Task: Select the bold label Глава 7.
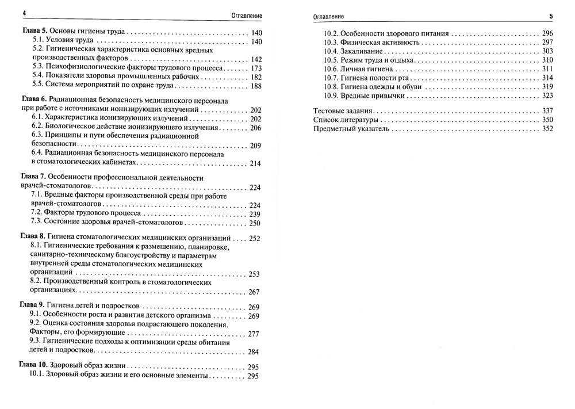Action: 33,177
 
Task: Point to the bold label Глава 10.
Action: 34,366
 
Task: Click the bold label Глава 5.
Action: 33,33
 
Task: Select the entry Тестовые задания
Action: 343,110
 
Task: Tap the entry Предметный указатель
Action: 351,129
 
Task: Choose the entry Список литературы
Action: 346,120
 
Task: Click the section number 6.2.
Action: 37,128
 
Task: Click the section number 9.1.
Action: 35,316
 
